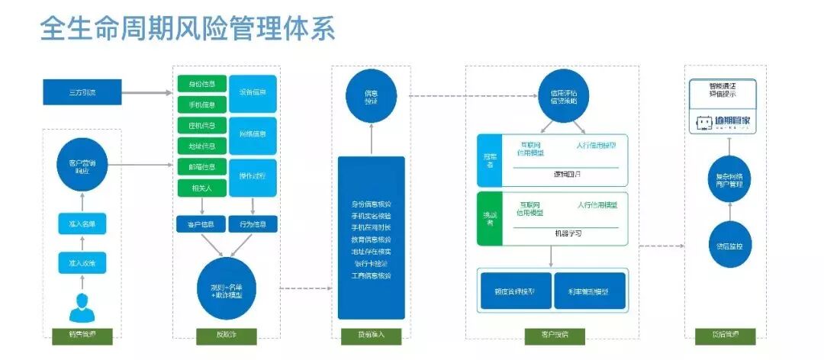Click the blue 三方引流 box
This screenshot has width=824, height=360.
click(82, 93)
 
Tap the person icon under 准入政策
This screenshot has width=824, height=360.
click(82, 308)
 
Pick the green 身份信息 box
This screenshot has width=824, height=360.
click(201, 83)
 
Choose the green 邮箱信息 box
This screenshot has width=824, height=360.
click(201, 167)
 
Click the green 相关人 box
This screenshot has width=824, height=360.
click(201, 188)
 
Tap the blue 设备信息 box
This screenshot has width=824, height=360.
click(253, 93)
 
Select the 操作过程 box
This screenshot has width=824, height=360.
click(253, 177)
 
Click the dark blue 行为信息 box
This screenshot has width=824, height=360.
click(253, 224)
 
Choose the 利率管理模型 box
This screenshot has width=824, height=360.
click(589, 291)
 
